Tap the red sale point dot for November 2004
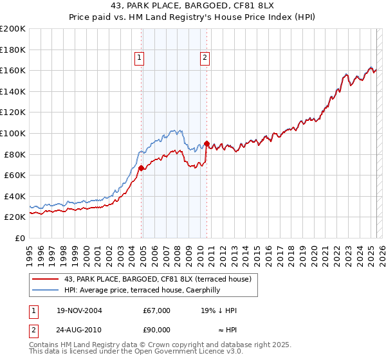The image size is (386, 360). tap(141, 168)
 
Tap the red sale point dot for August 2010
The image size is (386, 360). tap(207, 144)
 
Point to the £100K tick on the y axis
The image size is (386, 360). tap(13, 133)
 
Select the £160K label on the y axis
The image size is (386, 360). tap(13, 70)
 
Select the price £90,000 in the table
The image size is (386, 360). tap(156, 330)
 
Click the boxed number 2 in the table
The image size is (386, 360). tap(33, 330)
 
